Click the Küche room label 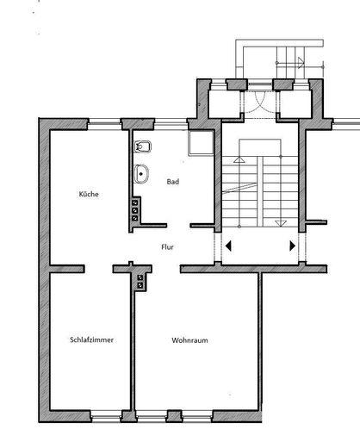pyautogui.click(x=88, y=195)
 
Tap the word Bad pyautogui.click(x=173, y=182)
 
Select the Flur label pyautogui.click(x=169, y=246)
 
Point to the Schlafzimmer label pyautogui.click(x=92, y=339)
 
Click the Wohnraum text pyautogui.click(x=189, y=339)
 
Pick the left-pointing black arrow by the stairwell pyautogui.click(x=228, y=246)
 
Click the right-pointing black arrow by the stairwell pyautogui.click(x=293, y=246)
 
